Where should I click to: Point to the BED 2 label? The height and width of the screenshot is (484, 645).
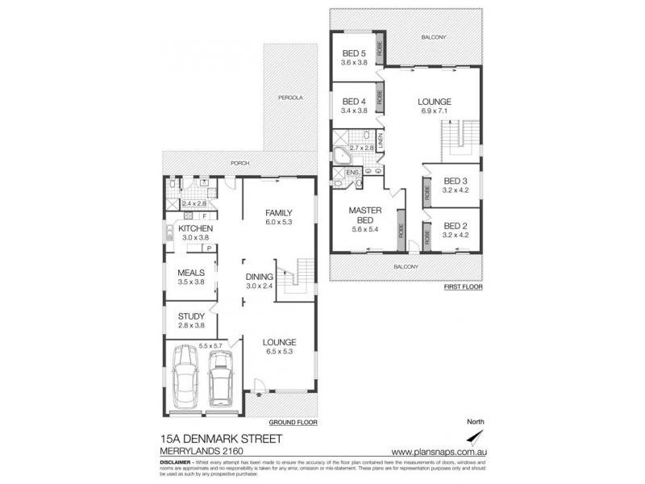tap(456, 226)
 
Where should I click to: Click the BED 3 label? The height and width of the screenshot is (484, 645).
tap(456, 181)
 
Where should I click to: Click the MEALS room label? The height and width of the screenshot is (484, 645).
tap(191, 273)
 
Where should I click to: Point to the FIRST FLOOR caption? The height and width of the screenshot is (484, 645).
tap(463, 286)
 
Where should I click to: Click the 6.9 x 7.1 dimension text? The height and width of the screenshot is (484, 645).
tap(434, 111)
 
